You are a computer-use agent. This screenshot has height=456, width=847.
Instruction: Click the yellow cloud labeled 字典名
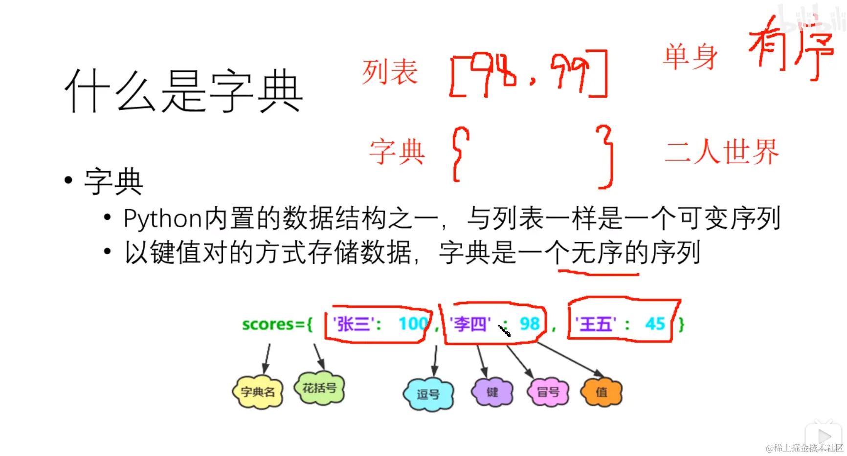258,392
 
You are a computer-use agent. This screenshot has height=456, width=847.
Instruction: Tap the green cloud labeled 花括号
319,388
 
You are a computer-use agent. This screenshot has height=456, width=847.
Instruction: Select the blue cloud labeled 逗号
428,394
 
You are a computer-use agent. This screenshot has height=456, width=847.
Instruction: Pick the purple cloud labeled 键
492,392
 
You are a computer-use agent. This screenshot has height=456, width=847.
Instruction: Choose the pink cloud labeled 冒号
548,392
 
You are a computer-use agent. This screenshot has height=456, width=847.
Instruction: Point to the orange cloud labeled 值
601,392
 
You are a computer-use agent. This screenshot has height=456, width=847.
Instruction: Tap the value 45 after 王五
655,324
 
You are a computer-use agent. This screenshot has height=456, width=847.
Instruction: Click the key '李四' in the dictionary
469,324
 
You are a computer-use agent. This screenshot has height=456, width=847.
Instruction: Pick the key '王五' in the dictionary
595,324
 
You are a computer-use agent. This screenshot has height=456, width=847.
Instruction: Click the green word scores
267,324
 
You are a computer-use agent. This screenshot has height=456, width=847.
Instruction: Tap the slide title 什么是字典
183,91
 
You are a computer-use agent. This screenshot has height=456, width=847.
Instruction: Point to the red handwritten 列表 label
390,72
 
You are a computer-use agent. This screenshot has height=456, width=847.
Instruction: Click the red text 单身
690,57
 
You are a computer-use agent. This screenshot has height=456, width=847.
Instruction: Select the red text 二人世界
721,152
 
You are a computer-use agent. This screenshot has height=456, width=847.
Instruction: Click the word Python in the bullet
162,218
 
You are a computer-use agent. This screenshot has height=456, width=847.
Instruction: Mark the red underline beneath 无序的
598,272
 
